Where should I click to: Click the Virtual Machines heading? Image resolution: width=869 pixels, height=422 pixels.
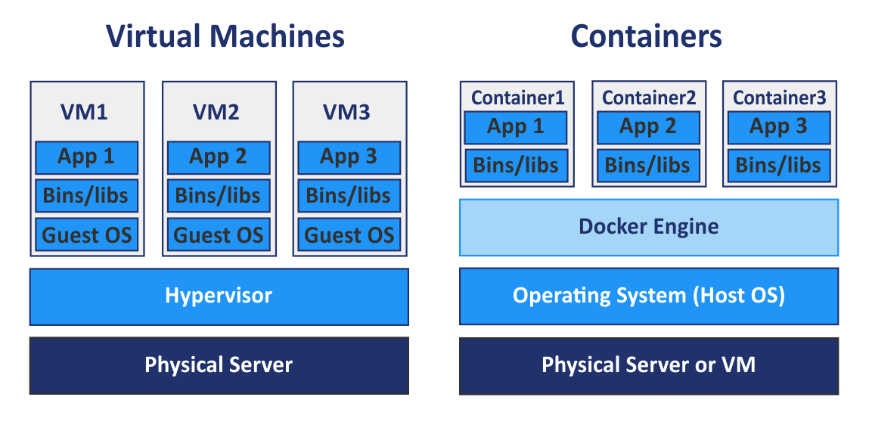tap(225, 36)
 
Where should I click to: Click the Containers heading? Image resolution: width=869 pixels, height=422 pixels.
tap(646, 36)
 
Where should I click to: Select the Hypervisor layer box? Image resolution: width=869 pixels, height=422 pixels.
tap(219, 296)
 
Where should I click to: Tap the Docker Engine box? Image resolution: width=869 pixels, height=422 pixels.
tap(648, 227)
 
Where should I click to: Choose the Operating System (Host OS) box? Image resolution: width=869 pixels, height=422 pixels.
tap(648, 295)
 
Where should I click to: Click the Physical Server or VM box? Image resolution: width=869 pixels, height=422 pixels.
tap(648, 366)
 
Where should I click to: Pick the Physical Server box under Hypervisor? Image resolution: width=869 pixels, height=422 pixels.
tap(219, 366)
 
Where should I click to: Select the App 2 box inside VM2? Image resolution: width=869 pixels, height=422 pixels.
tap(218, 157)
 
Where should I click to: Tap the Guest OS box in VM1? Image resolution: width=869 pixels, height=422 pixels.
tap(86, 234)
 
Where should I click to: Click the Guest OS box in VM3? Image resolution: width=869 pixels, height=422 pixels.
tap(349, 234)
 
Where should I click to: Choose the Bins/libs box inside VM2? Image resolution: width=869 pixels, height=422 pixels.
tap(218, 196)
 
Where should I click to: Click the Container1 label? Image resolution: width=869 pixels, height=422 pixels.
tap(517, 98)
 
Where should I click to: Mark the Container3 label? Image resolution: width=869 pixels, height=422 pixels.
tap(779, 98)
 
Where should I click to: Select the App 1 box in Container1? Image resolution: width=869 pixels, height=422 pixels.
tap(515, 127)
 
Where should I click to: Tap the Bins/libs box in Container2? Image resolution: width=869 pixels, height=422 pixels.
tap(647, 166)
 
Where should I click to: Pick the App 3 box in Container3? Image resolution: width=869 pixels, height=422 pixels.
tap(778, 127)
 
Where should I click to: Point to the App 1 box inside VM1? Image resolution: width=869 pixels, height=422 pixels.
tap(86, 157)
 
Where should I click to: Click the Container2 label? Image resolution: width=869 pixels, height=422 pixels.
tap(648, 98)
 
